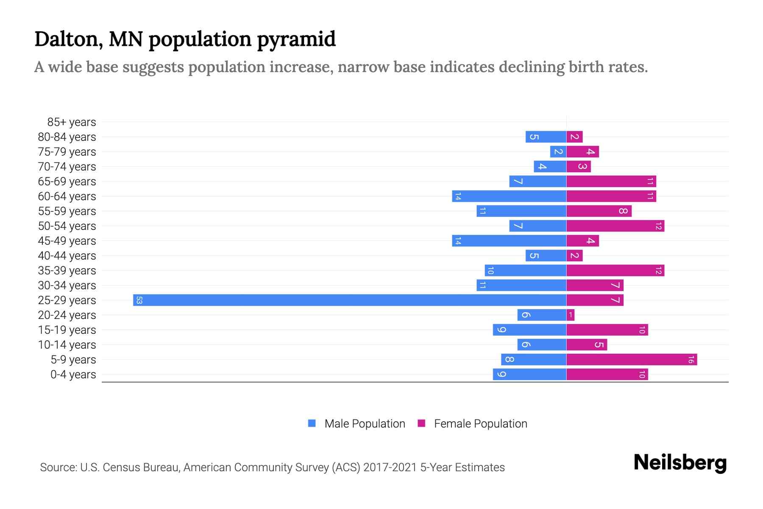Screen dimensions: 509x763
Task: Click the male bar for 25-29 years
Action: (350, 300)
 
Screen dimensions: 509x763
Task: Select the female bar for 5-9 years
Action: (632, 360)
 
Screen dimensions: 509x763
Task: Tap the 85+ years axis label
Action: (71, 122)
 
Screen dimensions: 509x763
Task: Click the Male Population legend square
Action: (312, 423)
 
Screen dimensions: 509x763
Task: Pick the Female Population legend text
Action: (480, 424)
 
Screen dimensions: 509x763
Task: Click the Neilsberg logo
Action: (680, 463)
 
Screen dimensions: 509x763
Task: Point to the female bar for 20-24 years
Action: (571, 315)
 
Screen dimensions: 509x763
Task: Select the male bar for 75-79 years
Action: (558, 152)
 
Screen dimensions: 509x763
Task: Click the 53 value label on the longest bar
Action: (139, 300)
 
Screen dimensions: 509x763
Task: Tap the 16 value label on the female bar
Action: (691, 360)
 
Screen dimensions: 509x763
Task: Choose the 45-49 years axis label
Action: (67, 241)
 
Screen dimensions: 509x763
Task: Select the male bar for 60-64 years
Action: (509, 196)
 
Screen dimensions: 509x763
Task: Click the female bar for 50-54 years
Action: (615, 226)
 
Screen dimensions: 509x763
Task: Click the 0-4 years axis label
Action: (73, 375)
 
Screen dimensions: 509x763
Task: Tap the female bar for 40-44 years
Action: (575, 256)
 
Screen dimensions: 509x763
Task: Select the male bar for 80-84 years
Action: (546, 137)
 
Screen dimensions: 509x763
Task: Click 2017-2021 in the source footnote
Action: (390, 467)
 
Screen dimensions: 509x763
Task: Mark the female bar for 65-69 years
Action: (611, 182)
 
